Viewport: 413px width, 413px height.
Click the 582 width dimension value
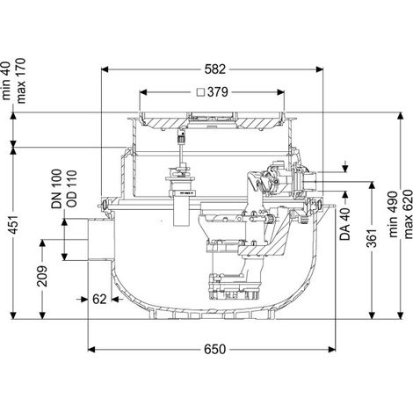[x=215, y=69]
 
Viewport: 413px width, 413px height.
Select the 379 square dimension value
[x=217, y=92]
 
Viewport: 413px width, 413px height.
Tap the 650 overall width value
[x=215, y=349]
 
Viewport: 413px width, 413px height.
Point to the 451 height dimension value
[x=14, y=225]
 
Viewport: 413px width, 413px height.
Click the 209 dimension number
[x=42, y=276]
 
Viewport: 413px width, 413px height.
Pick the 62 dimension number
[x=99, y=300]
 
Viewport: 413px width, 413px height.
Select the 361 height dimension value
[x=373, y=238]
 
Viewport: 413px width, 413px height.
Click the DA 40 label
[x=346, y=224]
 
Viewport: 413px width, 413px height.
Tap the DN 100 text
[x=57, y=189]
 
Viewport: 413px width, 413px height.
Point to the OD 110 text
[x=71, y=189]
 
